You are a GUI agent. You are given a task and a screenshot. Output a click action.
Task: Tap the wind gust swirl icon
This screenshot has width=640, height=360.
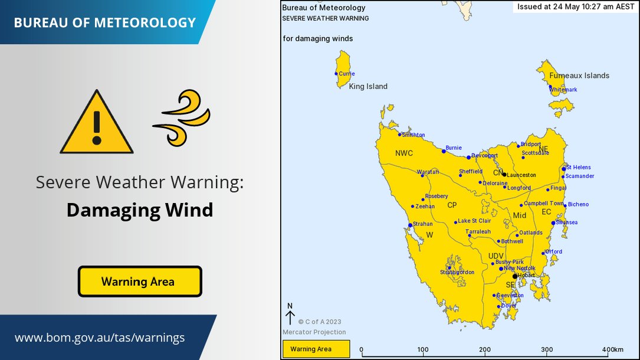click(182, 118)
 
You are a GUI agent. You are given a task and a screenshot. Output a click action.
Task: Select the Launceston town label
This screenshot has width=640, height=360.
click(521, 175)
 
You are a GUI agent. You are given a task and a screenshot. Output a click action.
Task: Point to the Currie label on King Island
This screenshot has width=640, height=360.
click(347, 74)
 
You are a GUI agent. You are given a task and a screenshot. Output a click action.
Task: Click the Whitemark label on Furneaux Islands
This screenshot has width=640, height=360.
click(564, 90)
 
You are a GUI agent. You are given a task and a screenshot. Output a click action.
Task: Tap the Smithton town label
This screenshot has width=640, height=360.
click(413, 135)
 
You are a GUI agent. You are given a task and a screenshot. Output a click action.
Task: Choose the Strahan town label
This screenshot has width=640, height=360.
click(423, 224)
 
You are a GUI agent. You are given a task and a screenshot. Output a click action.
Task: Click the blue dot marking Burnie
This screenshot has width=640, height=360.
click(444, 151)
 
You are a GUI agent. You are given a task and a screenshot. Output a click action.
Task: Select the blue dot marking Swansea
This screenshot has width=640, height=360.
click(553, 223)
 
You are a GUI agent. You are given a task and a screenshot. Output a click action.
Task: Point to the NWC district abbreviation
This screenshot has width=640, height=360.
click(404, 153)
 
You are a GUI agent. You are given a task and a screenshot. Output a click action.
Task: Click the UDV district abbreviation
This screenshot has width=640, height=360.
click(496, 256)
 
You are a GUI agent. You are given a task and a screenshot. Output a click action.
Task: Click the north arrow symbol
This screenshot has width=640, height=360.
click(290, 315)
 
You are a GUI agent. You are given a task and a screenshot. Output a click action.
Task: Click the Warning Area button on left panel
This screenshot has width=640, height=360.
click(140, 282)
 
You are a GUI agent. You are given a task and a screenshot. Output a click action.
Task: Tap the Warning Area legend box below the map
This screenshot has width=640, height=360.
click(316, 349)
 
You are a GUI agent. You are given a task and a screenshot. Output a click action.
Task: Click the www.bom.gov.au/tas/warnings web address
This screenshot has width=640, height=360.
click(100, 338)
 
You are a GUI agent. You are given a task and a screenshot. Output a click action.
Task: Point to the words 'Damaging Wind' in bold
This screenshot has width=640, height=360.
click(140, 210)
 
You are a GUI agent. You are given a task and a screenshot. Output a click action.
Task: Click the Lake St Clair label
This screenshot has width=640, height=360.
click(475, 221)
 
